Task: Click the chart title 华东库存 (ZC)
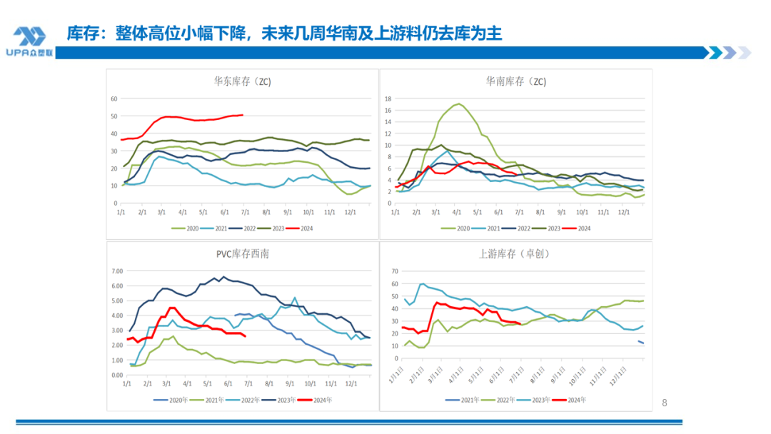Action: pos(243,81)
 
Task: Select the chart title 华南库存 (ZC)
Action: pos(515,81)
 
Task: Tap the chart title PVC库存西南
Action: pos(243,253)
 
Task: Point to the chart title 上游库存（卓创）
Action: pos(515,253)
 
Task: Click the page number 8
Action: pos(665,403)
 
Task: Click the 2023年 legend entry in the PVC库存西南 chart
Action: pos(280,400)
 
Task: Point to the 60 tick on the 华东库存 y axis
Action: pos(114,99)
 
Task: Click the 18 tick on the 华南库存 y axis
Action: pos(389,99)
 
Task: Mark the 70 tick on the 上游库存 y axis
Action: pos(392,271)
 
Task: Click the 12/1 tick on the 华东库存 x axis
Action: pos(351,213)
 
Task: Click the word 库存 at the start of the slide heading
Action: pos(81,33)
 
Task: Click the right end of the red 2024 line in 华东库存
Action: pos(243,115)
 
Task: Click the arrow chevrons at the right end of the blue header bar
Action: pos(727,53)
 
